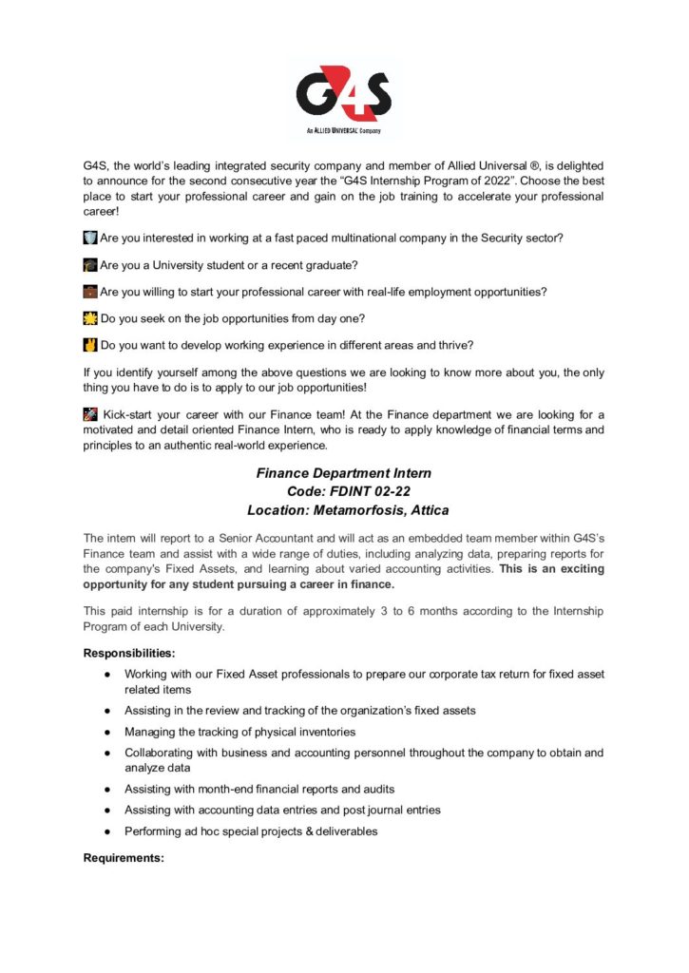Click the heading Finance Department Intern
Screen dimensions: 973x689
pyautogui.click(x=344, y=472)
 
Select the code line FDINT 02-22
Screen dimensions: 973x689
pyautogui.click(x=344, y=491)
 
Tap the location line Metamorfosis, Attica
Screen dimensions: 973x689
pyautogui.click(x=344, y=510)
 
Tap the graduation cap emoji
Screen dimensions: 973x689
pyautogui.click(x=90, y=264)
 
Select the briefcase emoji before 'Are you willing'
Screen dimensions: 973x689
pyautogui.click(x=90, y=291)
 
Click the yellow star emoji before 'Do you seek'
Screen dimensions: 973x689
pyautogui.click(x=90, y=317)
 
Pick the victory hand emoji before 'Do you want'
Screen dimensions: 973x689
pyautogui.click(x=90, y=344)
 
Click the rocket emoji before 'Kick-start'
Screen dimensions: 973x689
pyautogui.click(x=90, y=414)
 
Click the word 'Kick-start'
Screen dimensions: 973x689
pyautogui.click(x=132, y=414)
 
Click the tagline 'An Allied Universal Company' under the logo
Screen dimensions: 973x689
pyautogui.click(x=344, y=130)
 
